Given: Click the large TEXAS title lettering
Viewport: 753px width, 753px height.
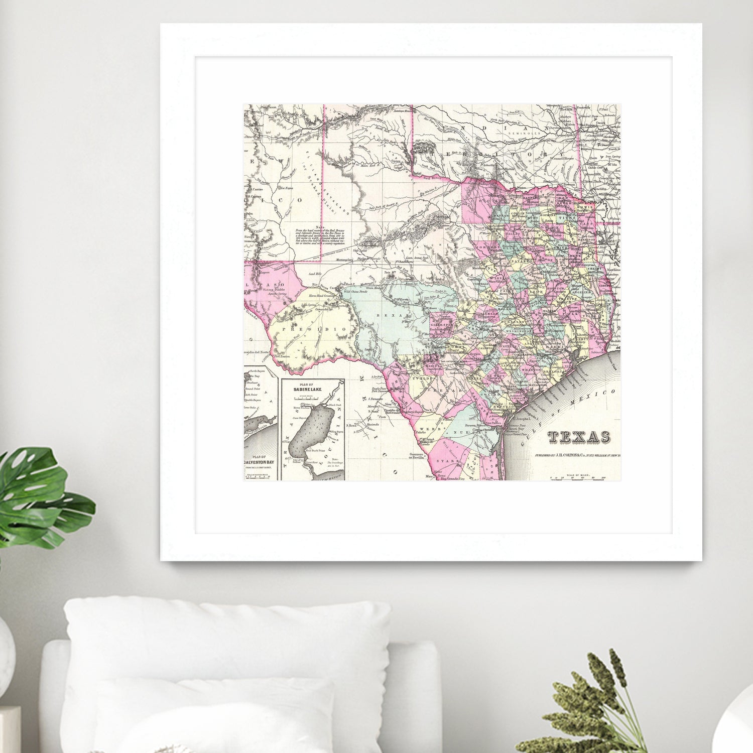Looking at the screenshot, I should coord(578,437).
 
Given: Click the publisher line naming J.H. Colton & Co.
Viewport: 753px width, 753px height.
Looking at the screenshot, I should coord(577,456).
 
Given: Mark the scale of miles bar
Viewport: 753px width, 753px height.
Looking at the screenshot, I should coord(577,477).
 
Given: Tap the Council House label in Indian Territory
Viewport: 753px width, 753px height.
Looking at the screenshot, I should coord(562,158).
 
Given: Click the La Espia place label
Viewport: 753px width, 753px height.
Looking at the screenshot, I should coord(286,188).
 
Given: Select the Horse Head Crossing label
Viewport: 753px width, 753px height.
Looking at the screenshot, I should coord(322,296).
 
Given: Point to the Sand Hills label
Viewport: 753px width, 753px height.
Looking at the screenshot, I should coord(315,274).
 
